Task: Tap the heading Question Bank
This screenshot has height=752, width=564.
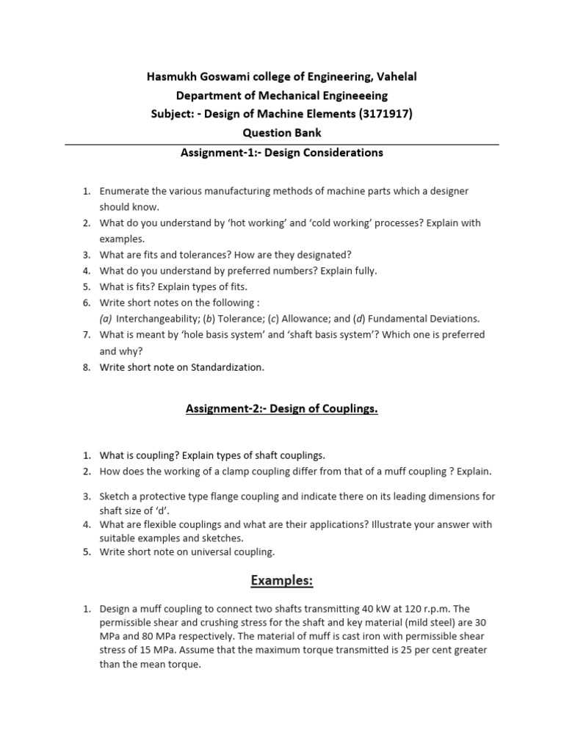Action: click(x=281, y=133)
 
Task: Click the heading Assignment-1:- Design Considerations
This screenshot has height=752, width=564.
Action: click(x=281, y=153)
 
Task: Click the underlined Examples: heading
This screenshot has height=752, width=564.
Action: click(x=281, y=581)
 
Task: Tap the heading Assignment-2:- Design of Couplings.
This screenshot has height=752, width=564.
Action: click(x=281, y=409)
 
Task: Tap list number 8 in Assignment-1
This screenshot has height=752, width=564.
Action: click(x=86, y=367)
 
